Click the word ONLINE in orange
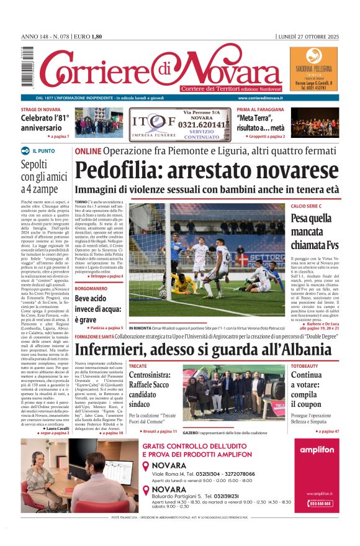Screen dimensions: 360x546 click(x=88, y=151)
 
